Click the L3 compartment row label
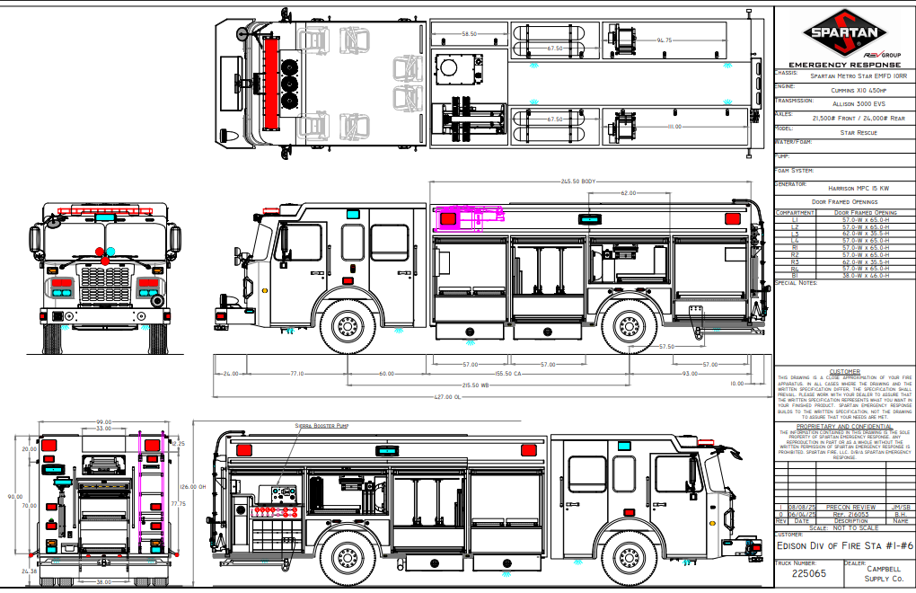[794, 234]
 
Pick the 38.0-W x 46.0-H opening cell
[866, 276]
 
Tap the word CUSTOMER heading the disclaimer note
[844, 371]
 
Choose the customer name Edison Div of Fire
[844, 545]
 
